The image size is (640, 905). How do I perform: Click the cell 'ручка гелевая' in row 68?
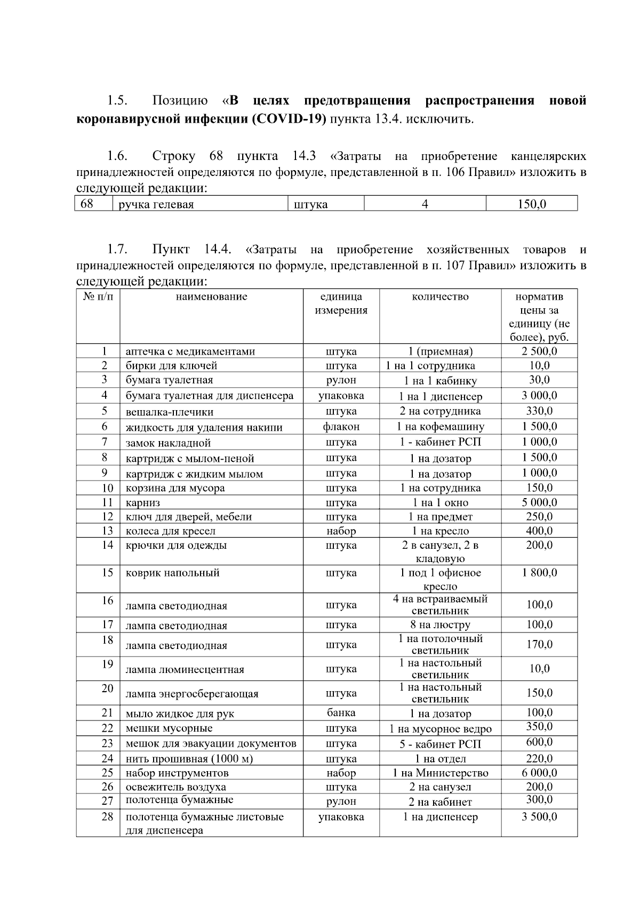click(156, 204)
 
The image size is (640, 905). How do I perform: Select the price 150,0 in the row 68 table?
click(532, 204)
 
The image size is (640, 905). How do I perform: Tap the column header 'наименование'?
click(211, 297)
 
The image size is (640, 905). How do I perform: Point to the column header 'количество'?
click(440, 297)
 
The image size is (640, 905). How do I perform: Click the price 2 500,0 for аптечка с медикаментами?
click(539, 351)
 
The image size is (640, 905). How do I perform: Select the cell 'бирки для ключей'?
click(171, 366)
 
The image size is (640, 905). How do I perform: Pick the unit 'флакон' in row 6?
click(341, 427)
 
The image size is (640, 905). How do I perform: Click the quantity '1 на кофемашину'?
click(440, 427)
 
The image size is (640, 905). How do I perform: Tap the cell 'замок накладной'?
click(168, 443)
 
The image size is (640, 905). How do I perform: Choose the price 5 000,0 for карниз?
click(539, 502)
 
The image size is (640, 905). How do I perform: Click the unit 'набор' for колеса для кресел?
click(341, 531)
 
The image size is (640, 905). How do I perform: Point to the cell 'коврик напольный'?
click(172, 573)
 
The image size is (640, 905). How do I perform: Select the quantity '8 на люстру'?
click(440, 625)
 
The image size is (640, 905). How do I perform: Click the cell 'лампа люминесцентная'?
click(185, 670)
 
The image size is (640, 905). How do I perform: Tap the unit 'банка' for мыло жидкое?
click(341, 713)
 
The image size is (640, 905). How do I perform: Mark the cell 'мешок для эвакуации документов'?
click(211, 743)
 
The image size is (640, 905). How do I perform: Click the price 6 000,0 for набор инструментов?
click(539, 773)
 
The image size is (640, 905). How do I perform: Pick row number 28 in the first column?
click(107, 817)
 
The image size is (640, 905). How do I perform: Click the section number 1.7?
click(117, 250)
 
